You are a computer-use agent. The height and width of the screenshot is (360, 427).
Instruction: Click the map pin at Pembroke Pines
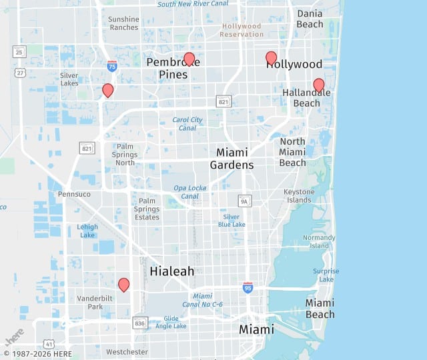(x=189, y=59)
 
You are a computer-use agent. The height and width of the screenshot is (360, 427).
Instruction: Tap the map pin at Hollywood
(x=271, y=58)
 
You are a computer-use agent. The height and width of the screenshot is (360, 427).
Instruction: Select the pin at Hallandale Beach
(x=319, y=85)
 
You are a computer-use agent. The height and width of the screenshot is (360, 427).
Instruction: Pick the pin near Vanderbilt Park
(x=123, y=285)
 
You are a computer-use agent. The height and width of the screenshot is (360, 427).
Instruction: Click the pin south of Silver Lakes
(x=107, y=90)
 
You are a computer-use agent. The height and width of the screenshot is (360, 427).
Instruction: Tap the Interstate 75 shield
(x=112, y=65)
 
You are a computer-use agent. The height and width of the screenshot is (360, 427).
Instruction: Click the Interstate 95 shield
(x=248, y=287)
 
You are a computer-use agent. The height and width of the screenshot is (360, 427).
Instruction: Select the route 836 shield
(x=139, y=323)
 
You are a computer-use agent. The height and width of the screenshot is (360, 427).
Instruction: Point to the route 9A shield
(x=245, y=200)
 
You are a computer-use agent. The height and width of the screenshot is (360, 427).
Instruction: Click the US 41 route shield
(x=49, y=343)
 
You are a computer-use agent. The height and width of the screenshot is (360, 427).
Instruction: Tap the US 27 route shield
(x=21, y=72)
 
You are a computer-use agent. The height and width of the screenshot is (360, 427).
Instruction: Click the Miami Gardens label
(x=232, y=159)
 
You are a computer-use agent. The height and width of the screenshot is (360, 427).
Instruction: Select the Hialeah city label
(x=172, y=271)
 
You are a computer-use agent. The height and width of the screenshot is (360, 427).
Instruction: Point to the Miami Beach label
(x=320, y=309)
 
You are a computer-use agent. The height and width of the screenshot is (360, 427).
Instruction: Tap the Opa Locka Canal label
(x=189, y=192)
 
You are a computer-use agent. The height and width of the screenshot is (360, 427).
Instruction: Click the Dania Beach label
(x=310, y=19)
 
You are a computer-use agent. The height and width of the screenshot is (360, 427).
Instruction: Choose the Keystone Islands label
(x=299, y=196)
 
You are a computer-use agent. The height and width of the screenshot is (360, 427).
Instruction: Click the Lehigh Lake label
(x=87, y=231)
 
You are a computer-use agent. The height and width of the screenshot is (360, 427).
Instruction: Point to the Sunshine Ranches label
(x=123, y=23)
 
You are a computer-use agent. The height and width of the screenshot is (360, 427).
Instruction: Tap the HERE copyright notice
(x=37, y=354)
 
